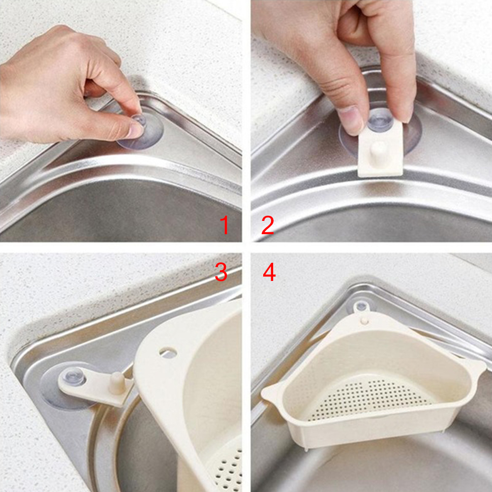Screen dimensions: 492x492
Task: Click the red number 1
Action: [x=224, y=225]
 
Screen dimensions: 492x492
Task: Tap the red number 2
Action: [x=267, y=225]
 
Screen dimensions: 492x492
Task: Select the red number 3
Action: [x=221, y=272]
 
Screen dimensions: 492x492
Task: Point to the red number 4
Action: [x=269, y=272]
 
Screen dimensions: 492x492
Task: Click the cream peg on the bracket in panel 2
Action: [x=379, y=151]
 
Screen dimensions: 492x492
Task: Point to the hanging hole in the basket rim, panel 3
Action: [x=168, y=353]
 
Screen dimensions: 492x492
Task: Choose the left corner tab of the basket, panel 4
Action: [x=271, y=393]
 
